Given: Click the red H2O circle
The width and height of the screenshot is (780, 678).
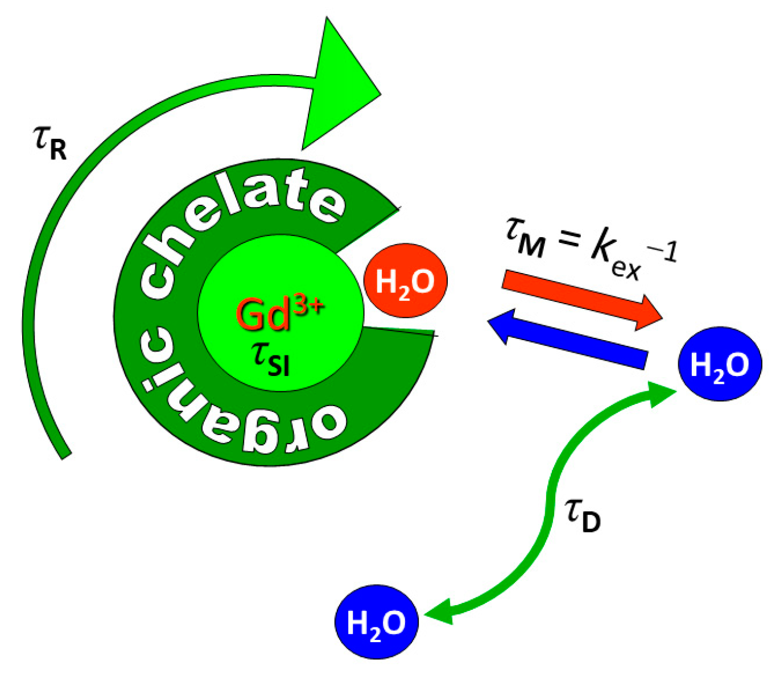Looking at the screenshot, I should point(406,280).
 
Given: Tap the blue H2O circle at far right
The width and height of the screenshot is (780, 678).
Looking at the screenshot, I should point(720,363).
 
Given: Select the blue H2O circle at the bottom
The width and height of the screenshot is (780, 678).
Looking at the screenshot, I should point(376,621).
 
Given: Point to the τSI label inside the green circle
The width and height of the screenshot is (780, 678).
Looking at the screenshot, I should point(271,359).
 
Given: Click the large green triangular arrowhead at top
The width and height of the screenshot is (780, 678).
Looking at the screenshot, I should point(339,85).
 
